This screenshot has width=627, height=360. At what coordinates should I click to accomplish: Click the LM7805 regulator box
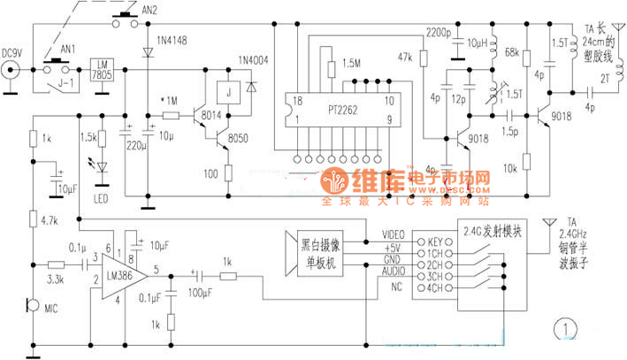coord(103,68)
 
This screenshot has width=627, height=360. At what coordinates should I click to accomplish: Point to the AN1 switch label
coord(55,50)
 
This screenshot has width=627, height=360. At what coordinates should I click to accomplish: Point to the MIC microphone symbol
coord(32,306)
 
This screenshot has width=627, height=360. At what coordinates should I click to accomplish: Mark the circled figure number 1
coord(564,333)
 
